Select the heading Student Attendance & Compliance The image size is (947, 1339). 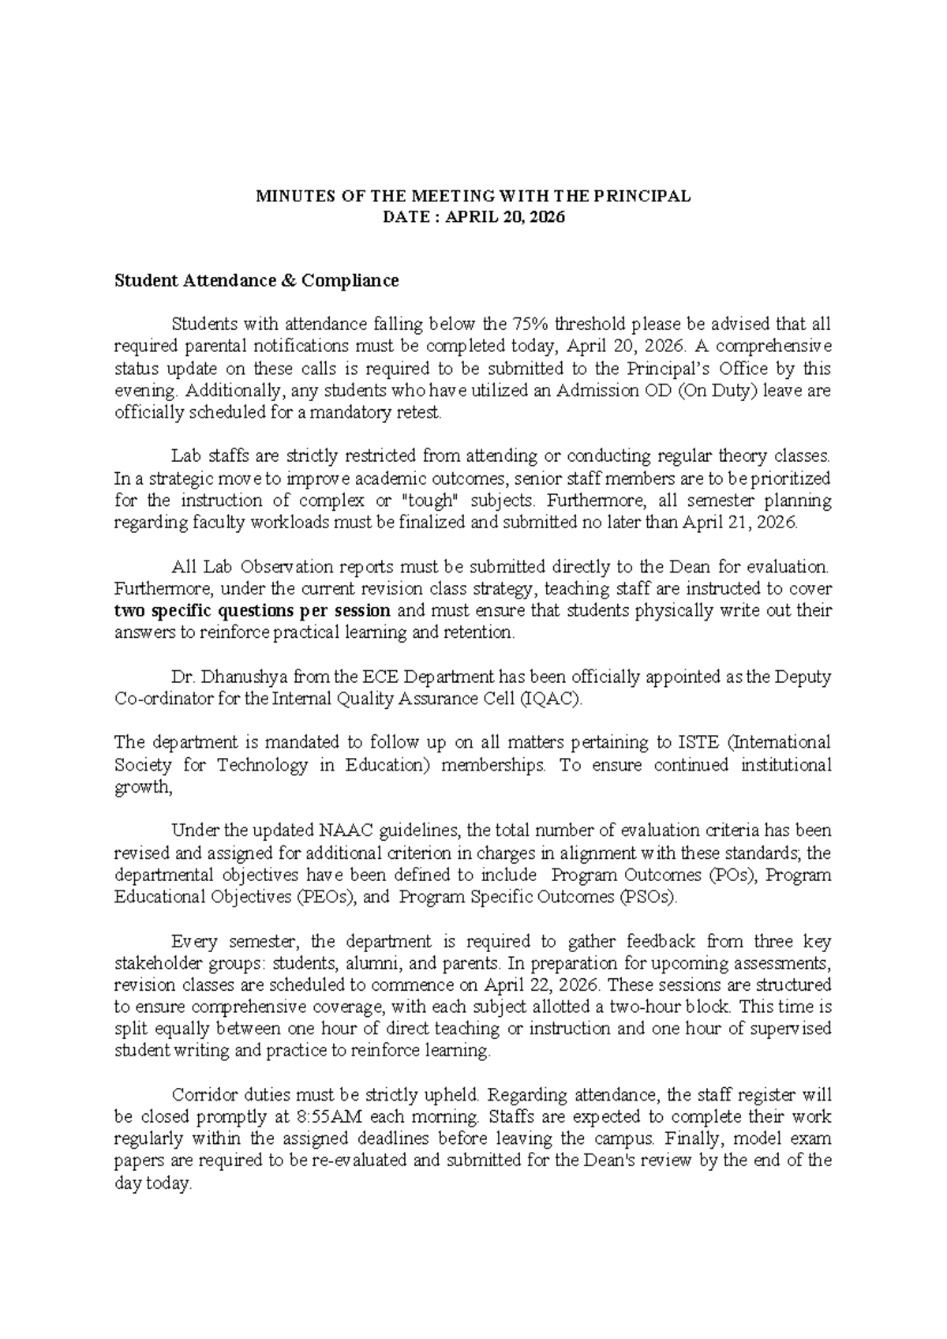[x=256, y=281]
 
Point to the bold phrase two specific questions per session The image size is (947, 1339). [x=253, y=611]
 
